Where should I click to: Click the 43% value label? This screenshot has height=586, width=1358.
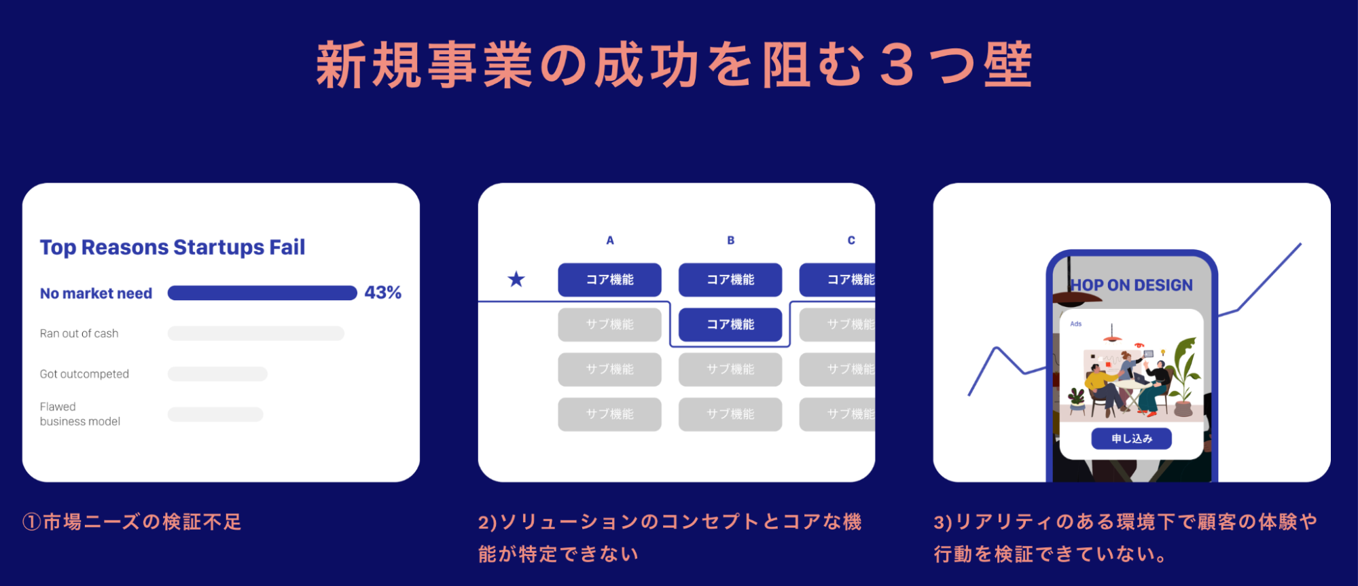382,293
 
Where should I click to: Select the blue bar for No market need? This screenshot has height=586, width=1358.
262,293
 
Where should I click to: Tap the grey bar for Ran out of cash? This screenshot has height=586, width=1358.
255,333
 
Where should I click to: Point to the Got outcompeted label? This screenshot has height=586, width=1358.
84,374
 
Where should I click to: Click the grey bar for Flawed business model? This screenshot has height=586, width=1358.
215,414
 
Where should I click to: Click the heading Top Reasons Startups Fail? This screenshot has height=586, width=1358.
173,247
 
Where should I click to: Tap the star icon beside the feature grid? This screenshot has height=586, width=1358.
516,279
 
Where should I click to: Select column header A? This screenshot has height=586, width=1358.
610,240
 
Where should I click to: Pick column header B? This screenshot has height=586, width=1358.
730,240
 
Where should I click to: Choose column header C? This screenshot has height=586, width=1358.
851,240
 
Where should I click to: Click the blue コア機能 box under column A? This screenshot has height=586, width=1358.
609,280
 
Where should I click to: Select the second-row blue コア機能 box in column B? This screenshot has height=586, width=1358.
730,325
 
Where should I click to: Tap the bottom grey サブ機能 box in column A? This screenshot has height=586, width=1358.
609,414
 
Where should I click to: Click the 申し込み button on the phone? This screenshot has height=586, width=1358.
1131,439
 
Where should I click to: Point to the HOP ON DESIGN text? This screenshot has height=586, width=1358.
1132,285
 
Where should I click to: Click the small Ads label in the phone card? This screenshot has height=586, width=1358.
1075,324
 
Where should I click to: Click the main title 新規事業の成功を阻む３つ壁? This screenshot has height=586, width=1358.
675,65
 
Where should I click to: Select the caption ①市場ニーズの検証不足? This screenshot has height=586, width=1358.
132,521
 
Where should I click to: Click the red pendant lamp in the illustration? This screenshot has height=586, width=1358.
1111,336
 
